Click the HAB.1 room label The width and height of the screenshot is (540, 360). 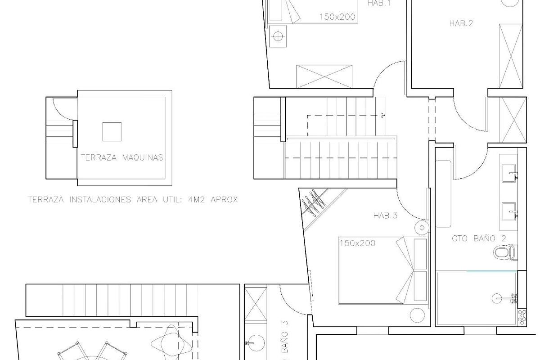379,4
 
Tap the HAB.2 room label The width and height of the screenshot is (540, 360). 461,23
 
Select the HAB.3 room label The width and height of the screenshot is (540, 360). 385,216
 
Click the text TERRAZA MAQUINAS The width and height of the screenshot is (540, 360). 121,158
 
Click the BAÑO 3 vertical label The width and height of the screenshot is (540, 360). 284,342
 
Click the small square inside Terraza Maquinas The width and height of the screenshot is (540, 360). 112,132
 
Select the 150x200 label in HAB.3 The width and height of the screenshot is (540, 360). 357,243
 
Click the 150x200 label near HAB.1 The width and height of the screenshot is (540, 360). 337,17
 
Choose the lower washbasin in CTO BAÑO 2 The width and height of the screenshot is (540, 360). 510,210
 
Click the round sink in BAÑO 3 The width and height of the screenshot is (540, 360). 256,343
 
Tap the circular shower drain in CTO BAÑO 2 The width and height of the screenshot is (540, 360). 498,297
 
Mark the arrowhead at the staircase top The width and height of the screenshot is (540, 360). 382,115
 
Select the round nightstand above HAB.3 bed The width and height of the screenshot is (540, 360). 422,228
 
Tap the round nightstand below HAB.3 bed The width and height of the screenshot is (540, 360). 417,315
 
